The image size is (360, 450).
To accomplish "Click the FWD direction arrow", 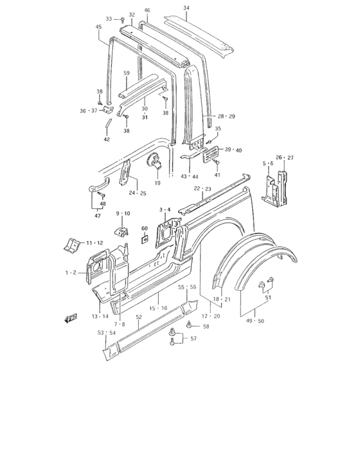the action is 71,318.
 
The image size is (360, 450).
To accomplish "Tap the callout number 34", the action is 186,8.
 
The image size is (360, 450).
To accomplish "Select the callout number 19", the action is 157,183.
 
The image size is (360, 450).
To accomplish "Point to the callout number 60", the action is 145,228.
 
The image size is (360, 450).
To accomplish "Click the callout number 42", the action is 107,139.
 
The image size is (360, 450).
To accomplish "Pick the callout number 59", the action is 127,73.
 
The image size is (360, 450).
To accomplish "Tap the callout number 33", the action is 109,19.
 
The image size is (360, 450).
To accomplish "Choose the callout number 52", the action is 139,317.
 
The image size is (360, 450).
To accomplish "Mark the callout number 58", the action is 206,327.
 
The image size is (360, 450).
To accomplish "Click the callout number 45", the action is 98,27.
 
